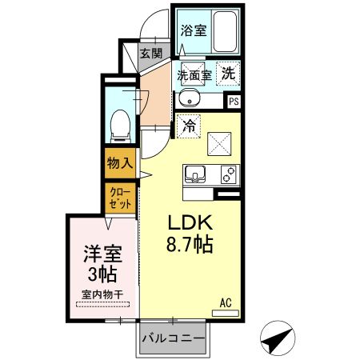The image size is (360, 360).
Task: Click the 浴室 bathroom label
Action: coord(192,31)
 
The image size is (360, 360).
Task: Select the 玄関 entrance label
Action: coord(150,54)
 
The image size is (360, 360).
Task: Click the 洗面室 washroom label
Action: coord(193,75)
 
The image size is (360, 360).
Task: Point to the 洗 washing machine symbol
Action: coord(229,72)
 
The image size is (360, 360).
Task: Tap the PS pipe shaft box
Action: coord(234,102)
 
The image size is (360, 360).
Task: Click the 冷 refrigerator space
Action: coord(190,126)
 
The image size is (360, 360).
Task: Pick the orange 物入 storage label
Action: coord(119,163)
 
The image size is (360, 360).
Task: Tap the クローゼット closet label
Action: coord(119,196)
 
